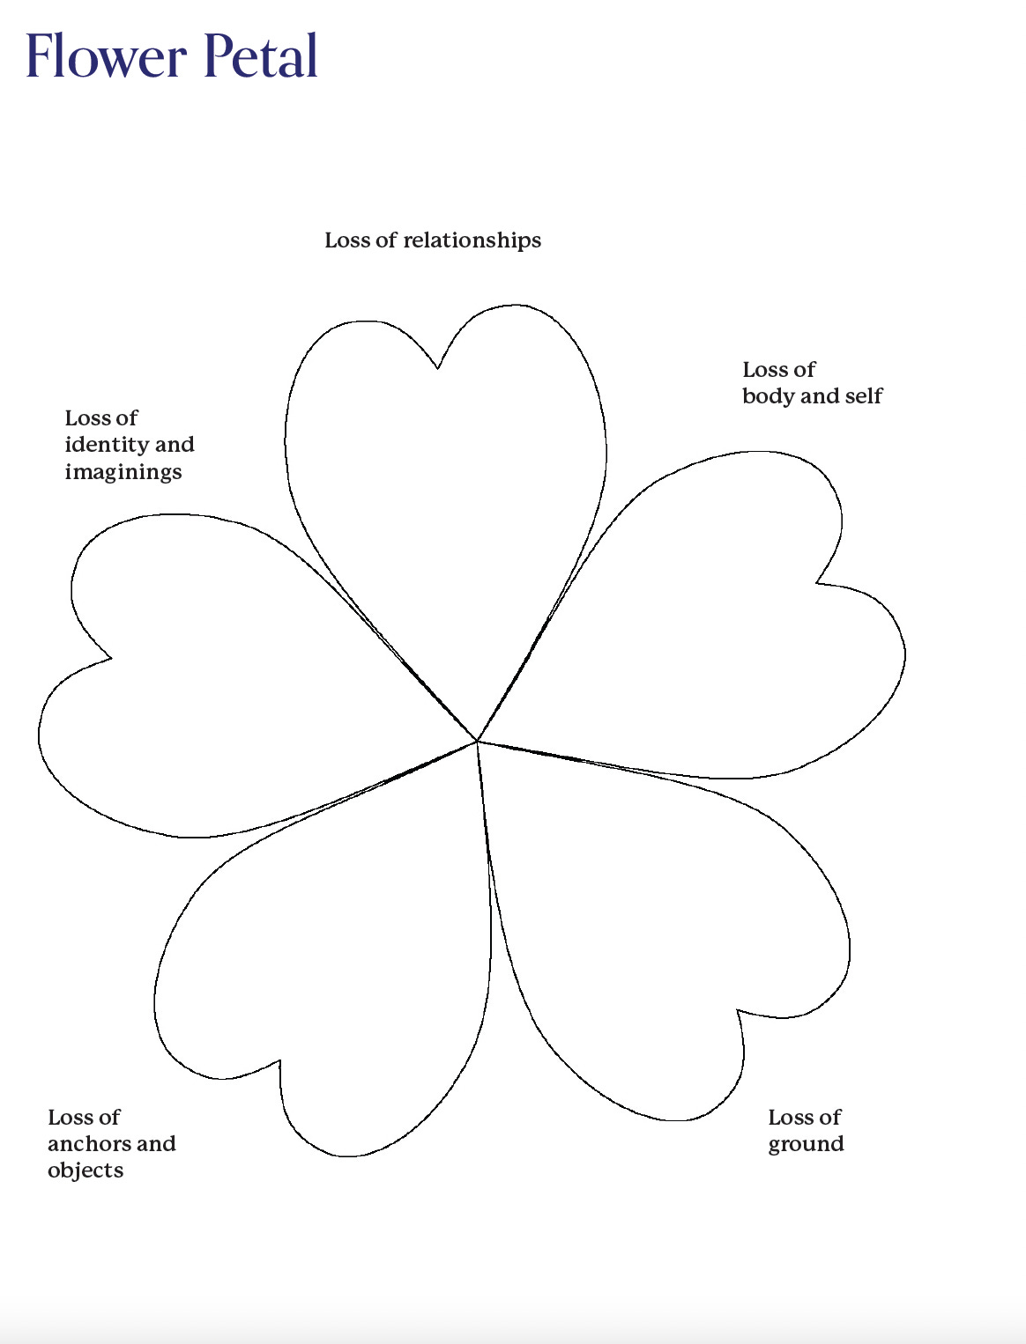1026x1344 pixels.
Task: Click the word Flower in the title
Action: (106, 55)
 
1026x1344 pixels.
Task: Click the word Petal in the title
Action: (261, 55)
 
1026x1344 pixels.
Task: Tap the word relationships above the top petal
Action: (472, 240)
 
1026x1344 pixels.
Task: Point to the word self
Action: (863, 396)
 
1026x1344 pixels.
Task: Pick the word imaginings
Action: (123, 472)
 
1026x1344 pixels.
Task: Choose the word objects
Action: (85, 1170)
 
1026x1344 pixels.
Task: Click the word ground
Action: (806, 1144)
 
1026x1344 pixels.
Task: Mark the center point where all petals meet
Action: (477, 741)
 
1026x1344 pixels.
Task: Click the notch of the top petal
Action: (438, 367)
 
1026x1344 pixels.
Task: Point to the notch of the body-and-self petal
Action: (817, 582)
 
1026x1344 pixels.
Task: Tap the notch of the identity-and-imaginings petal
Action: (110, 657)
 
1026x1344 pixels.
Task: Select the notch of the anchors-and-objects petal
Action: (279, 1061)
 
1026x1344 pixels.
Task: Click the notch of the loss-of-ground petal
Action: (738, 1011)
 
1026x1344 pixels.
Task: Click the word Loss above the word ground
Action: (788, 1118)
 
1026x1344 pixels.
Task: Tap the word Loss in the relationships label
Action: (346, 240)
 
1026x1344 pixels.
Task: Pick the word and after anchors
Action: (156, 1144)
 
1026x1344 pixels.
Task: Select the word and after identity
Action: (175, 445)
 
